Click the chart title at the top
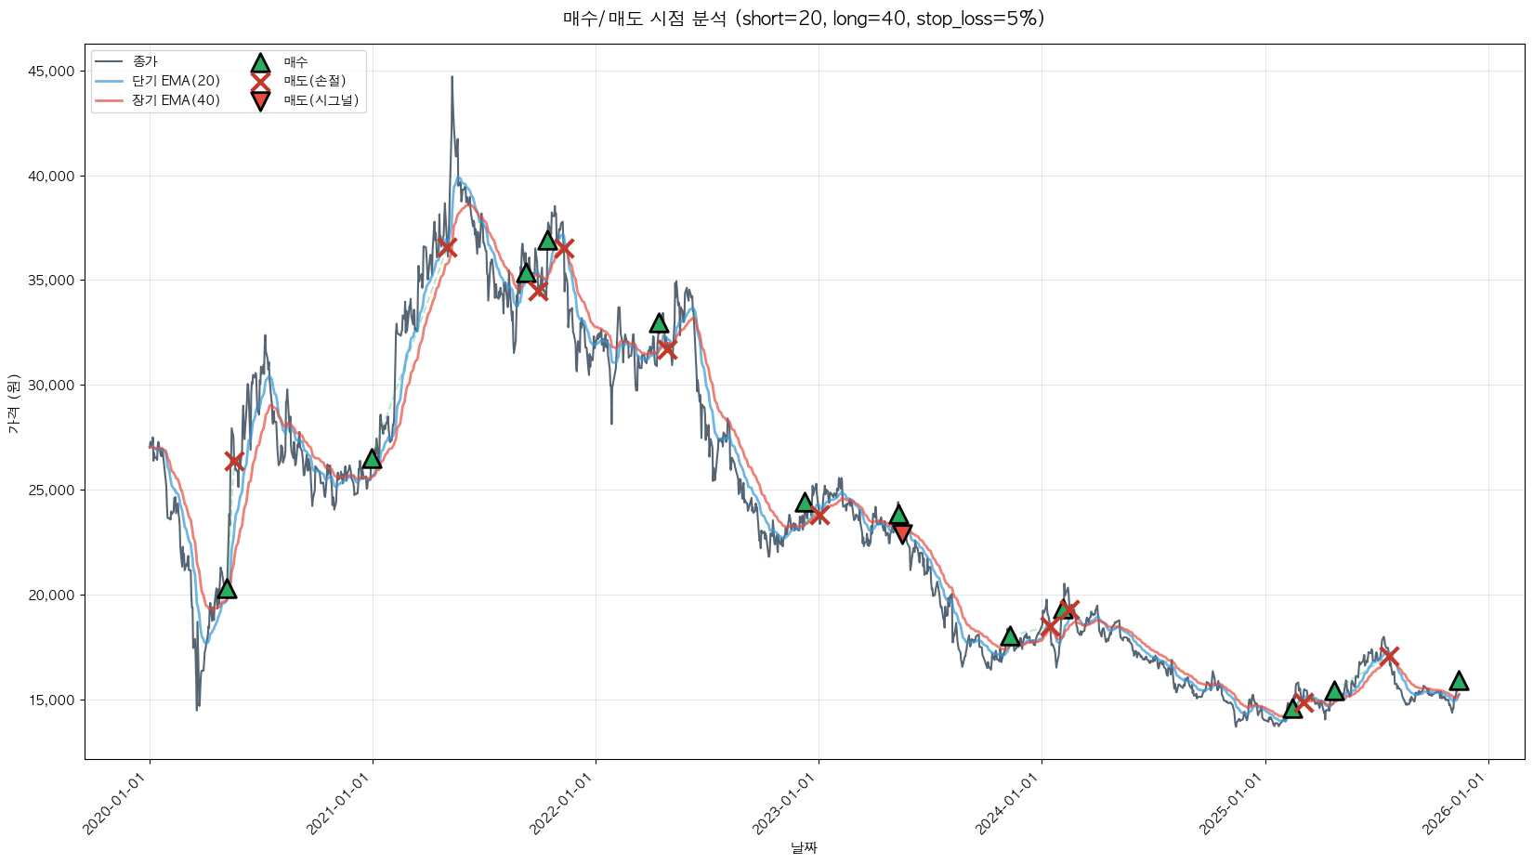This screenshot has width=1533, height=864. (x=804, y=19)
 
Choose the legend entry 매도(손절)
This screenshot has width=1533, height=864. (x=314, y=81)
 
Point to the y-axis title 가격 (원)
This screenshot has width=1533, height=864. (x=13, y=403)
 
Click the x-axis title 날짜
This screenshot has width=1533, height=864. (x=804, y=847)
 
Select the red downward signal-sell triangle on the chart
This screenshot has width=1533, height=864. (x=901, y=533)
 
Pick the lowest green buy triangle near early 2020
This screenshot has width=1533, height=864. (x=226, y=589)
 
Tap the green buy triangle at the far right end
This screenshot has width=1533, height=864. (x=1459, y=681)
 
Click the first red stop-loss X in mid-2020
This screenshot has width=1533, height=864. (x=234, y=461)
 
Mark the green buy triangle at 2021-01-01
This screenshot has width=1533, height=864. (x=373, y=459)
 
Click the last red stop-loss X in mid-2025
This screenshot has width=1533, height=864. (x=1389, y=656)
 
